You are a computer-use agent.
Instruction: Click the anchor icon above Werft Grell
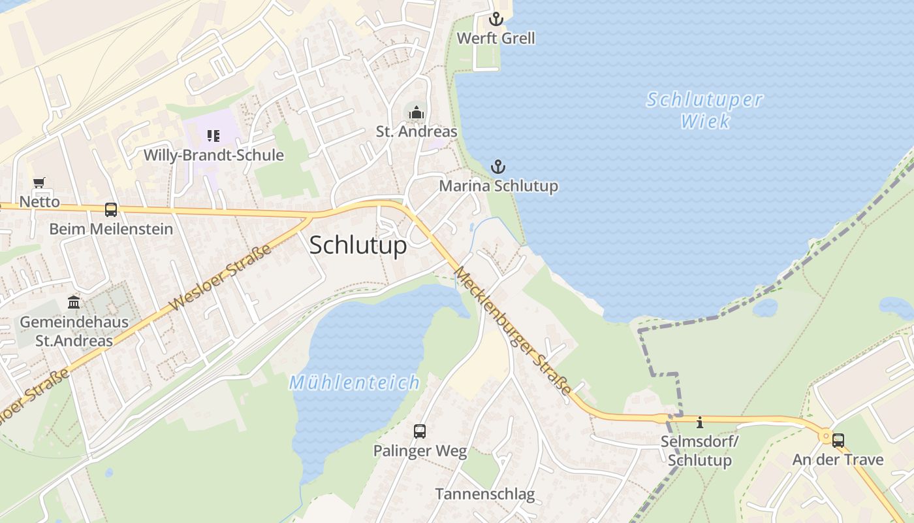[x=496, y=18]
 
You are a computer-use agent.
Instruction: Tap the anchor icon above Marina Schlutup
[x=498, y=167]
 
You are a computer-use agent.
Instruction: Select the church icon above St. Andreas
[x=416, y=112]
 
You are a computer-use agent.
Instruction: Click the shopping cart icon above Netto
[x=39, y=182]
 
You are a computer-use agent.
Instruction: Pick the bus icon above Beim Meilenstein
[x=111, y=210]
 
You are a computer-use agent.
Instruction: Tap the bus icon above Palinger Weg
[x=420, y=431]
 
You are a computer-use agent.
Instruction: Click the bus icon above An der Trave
[x=838, y=440]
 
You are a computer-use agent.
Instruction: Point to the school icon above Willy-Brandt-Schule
[x=213, y=135]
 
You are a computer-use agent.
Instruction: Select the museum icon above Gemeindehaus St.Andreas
[x=74, y=303]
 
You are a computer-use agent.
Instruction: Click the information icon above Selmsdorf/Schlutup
[x=700, y=422]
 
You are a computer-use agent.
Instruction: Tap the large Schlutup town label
[x=358, y=245]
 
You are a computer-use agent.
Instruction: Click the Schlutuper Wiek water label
[x=705, y=110]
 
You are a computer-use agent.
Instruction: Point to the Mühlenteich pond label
[x=355, y=382]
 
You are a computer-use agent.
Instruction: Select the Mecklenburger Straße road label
[x=513, y=331]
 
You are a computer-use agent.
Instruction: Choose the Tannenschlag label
[x=485, y=494]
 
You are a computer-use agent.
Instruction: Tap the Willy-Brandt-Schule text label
[x=213, y=156]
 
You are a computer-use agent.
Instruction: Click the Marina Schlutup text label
[x=498, y=186]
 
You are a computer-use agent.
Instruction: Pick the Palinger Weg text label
[x=420, y=451]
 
